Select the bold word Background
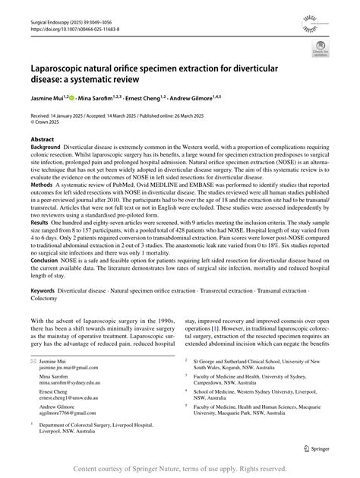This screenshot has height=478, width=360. click(47, 149)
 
